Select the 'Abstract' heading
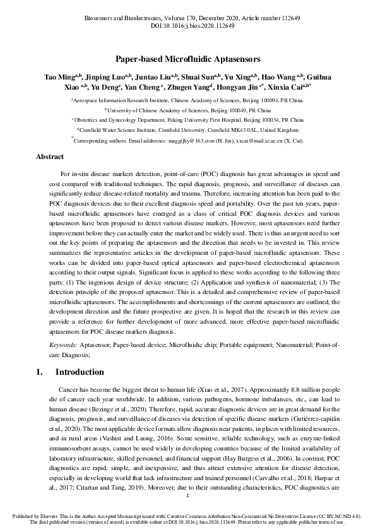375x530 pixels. [x=50, y=156]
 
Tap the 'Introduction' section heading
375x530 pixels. [x=80, y=372]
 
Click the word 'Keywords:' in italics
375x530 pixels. [x=65, y=345]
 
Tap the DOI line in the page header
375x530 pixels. [x=187, y=26]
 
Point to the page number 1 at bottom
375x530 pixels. [x=187, y=497]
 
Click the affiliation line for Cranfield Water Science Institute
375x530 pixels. [x=188, y=129]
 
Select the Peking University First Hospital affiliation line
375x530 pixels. [x=188, y=119]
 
